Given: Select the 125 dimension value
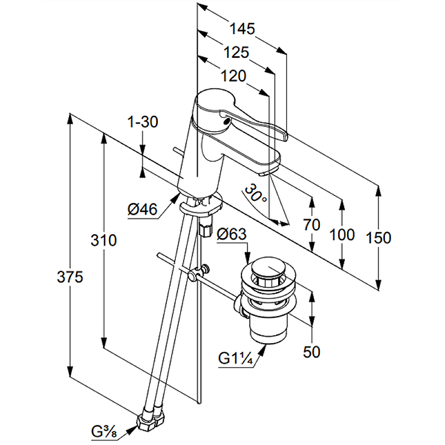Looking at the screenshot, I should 236,52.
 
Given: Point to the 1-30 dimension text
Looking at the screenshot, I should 142,122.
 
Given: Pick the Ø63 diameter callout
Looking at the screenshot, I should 231,235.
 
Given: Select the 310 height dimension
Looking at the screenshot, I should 105,240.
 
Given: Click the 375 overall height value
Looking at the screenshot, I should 71,276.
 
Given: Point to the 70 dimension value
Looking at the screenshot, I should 312,225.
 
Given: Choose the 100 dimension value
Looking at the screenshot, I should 342,234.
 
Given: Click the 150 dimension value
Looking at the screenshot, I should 379,238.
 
